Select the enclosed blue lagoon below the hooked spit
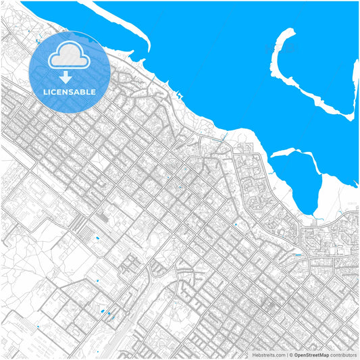tap(297, 179)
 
